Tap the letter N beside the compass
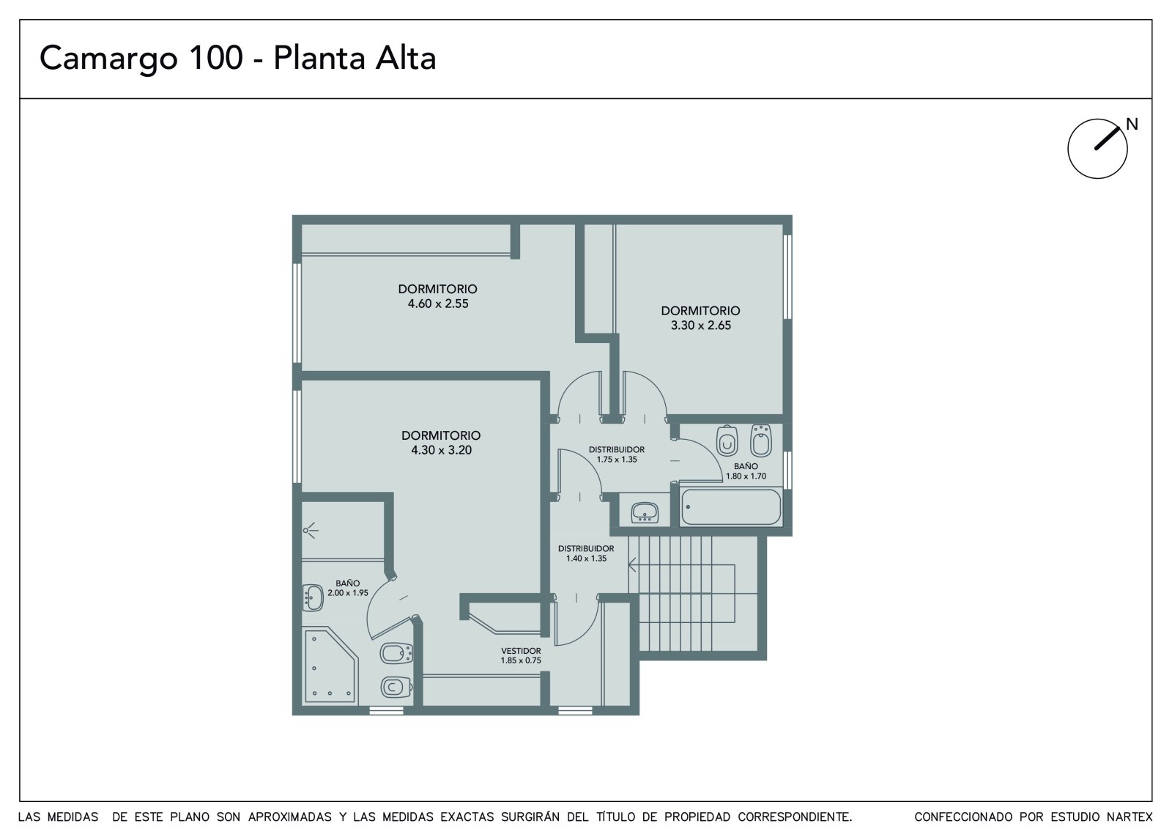tap(1132, 124)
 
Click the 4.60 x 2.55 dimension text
tap(438, 303)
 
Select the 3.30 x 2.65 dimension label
tap(700, 325)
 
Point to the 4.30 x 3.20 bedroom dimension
tap(441, 450)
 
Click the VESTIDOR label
tap(521, 651)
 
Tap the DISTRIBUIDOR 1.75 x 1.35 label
tap(616, 454)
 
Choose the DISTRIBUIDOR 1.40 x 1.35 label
tap(586, 553)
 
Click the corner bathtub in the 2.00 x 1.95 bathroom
tap(330, 665)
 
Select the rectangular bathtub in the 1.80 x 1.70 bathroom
tap(731, 507)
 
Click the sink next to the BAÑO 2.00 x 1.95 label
tap(313, 597)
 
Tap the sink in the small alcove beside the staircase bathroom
tap(645, 512)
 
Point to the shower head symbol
tap(311, 531)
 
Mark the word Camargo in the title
tap(108, 59)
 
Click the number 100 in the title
tap(216, 57)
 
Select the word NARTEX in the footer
tap(1130, 817)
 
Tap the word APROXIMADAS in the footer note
tap(289, 817)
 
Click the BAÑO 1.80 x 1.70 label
tap(746, 471)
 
